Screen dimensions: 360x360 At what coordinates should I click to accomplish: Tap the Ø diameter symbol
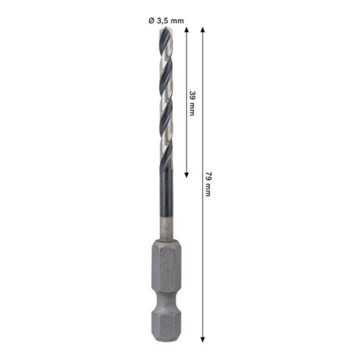tap(151, 21)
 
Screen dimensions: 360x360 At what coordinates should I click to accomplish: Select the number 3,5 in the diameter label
tap(162, 21)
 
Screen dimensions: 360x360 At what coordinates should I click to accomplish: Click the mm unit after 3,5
tap(176, 21)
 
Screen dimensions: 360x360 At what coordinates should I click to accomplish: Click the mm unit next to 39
tap(192, 110)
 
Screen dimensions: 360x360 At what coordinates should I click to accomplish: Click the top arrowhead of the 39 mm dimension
tap(187, 30)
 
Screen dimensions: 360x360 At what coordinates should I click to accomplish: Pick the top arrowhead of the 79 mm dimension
tap(202, 30)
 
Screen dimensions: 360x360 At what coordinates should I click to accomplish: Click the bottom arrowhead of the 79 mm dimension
tap(202, 339)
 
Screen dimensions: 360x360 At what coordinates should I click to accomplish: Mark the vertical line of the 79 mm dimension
tap(202, 257)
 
